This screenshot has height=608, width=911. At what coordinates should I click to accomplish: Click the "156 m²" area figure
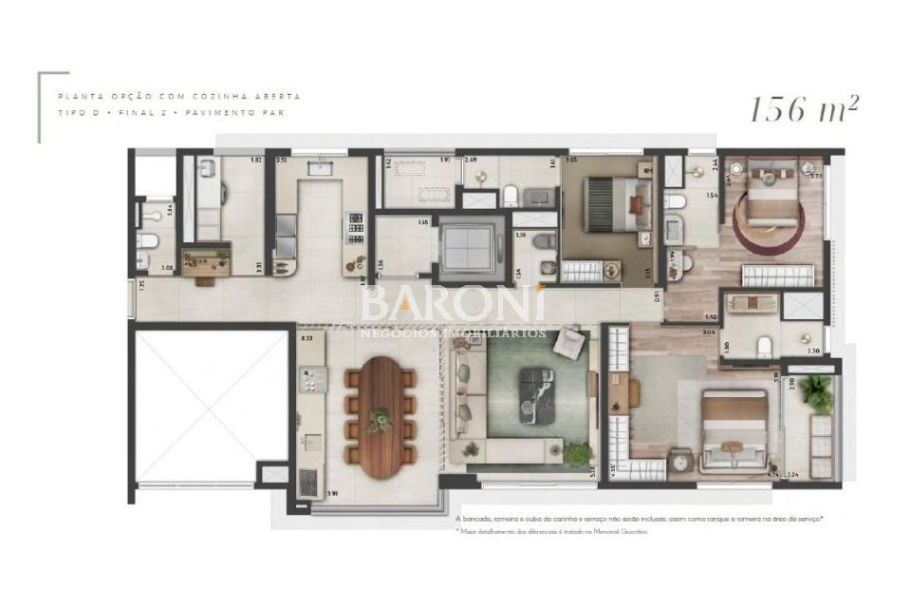[x=804, y=109]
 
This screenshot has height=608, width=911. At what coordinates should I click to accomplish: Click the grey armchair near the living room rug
[x=569, y=342]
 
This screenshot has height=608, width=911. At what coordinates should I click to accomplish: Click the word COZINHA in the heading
[x=226, y=97]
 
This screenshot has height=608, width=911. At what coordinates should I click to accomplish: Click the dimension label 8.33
[x=307, y=337]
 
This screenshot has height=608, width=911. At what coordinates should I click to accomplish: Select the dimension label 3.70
[x=816, y=176]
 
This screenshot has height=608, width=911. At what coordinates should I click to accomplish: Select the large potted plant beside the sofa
[x=576, y=453]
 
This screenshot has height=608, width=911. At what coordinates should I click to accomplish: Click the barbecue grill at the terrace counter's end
[x=309, y=483]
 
